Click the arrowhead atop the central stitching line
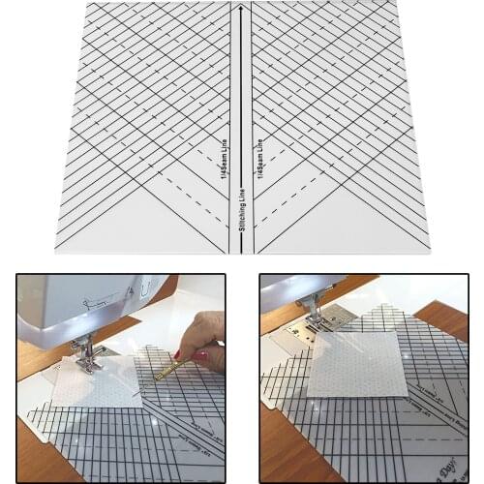pyautogui.click(x=240, y=8)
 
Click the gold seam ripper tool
pyautogui.click(x=168, y=369)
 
